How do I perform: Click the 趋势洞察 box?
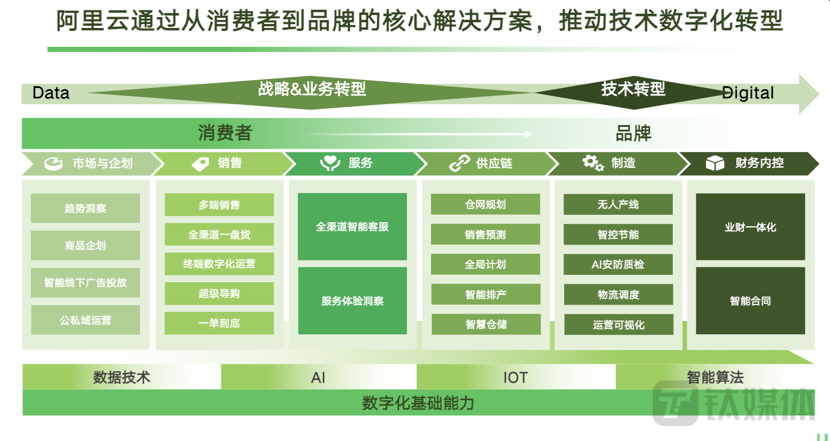[85, 208]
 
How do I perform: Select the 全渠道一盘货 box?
[219, 234]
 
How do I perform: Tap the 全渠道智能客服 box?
[352, 227]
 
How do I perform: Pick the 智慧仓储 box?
[486, 324]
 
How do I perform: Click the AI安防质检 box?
[618, 264]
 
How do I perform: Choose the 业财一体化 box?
[751, 227]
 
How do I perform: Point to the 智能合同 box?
[751, 300]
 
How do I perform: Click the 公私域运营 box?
[85, 320]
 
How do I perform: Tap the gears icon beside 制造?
[593, 163]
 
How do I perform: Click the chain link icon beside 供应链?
[460, 163]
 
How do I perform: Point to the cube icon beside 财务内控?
[715, 163]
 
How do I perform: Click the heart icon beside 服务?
[330, 163]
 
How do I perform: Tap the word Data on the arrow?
[51, 93]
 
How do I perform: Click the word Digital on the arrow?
[748, 93]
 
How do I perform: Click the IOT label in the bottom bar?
[516, 378]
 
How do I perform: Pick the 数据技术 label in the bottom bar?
[122, 378]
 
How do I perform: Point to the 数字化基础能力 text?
[418, 403]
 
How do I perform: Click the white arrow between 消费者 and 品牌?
[418, 134]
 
